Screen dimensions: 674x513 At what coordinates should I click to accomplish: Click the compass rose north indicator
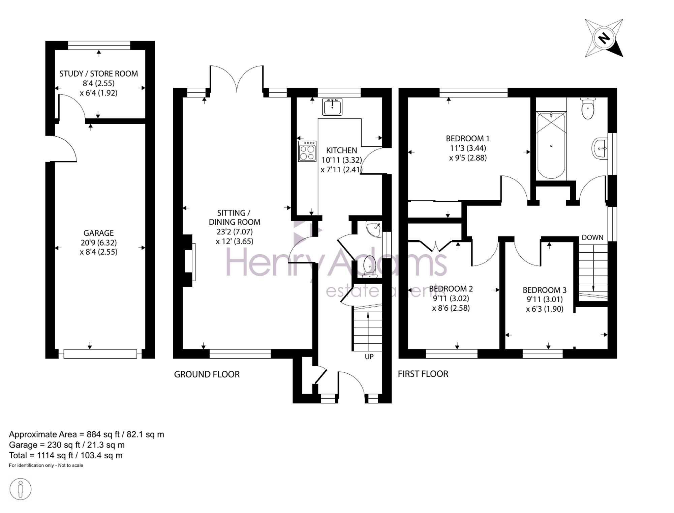pos(604,38)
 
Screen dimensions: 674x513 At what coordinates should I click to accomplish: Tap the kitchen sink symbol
pos(332,107)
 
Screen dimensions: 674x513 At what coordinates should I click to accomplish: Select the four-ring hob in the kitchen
pos(307,151)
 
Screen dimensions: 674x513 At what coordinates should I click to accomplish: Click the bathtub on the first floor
pos(551,145)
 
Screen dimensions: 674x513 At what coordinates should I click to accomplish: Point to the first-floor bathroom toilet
pos(588,108)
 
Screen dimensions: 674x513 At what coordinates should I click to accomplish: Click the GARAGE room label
pos(99,233)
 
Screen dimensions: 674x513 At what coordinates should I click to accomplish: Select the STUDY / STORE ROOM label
pos(99,74)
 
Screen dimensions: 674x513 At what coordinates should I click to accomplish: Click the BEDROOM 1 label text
pos(468,138)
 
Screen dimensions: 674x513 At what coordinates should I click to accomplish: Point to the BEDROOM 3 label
pos(545,290)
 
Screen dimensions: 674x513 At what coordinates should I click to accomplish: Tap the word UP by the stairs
pos(369,357)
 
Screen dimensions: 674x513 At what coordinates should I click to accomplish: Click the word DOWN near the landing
pos(592,237)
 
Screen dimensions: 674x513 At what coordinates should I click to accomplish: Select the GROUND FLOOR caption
pos(207,374)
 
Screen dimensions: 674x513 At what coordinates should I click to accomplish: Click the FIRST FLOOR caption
pos(423,374)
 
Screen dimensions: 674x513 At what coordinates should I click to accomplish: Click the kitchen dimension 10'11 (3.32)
pos(342,160)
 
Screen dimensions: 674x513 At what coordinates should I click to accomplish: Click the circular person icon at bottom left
pos(21,489)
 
